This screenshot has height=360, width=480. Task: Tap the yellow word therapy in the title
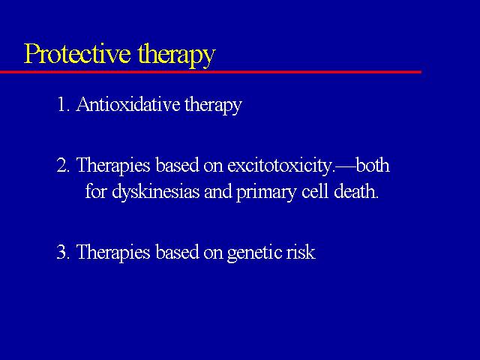[x=177, y=55]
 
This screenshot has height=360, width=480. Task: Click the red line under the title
[x=211, y=72]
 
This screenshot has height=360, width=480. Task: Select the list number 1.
[x=63, y=104]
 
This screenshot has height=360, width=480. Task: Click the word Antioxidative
[x=128, y=104]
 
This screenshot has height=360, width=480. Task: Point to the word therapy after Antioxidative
[x=213, y=106]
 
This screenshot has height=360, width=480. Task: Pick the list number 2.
[x=63, y=165]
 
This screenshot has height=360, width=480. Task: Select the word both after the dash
[x=373, y=165]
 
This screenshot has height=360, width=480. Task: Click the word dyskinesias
[x=155, y=193]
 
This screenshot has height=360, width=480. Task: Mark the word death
[x=356, y=192]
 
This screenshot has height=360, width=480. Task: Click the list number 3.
[x=63, y=253]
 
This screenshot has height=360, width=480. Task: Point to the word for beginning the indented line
[x=96, y=192]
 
